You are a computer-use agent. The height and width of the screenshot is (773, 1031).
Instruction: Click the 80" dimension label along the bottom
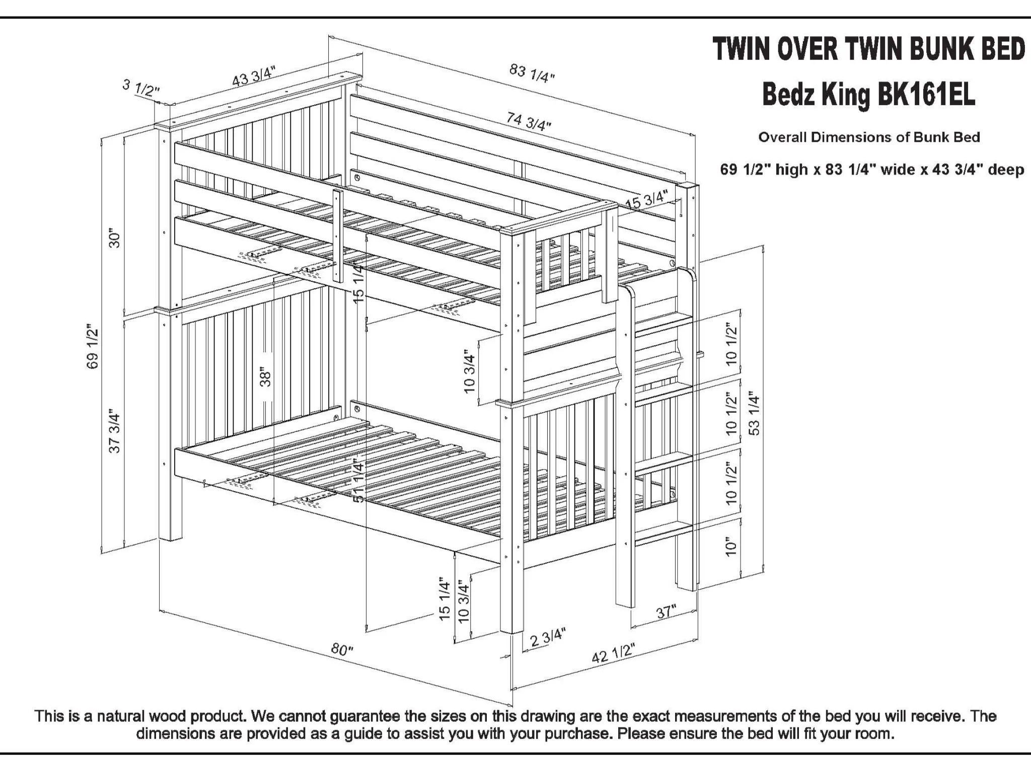coord(342,649)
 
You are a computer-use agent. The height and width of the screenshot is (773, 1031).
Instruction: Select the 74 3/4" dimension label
coord(529,121)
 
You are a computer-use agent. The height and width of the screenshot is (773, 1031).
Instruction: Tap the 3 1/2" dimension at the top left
coord(141,88)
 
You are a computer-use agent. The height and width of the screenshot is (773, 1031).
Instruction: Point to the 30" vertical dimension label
coord(115,239)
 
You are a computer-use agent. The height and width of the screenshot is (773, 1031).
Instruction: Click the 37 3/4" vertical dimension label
coord(115,433)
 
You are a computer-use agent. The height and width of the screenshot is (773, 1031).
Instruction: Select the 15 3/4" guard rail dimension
coord(647,200)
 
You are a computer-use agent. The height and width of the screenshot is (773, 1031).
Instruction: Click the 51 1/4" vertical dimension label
coord(358,480)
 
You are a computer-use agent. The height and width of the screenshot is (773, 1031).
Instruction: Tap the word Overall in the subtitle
coord(782,137)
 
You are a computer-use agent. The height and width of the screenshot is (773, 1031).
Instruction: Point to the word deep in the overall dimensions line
coord(1005,170)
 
